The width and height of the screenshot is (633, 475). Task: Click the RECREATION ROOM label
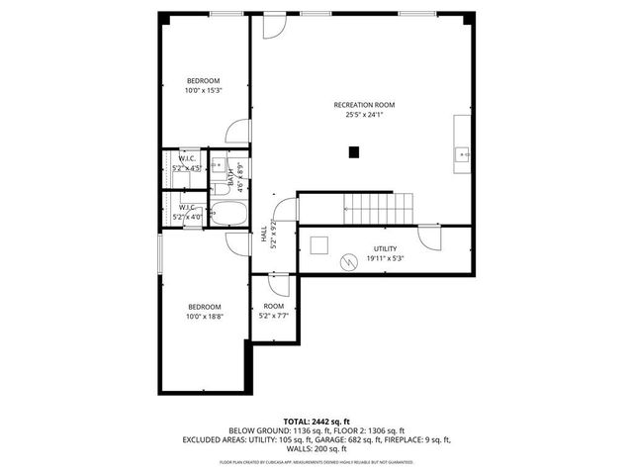pos(363,104)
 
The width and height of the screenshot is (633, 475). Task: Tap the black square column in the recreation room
pos(354,151)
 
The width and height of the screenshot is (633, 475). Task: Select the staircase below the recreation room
pos(370,209)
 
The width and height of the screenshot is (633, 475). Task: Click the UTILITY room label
pos(385,248)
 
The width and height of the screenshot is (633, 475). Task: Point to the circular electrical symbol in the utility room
pos(347,262)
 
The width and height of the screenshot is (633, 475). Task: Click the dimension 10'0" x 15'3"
pos(203,91)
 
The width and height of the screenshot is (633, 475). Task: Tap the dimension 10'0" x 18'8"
pos(204,317)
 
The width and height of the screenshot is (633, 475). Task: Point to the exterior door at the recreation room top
pos(273,24)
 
